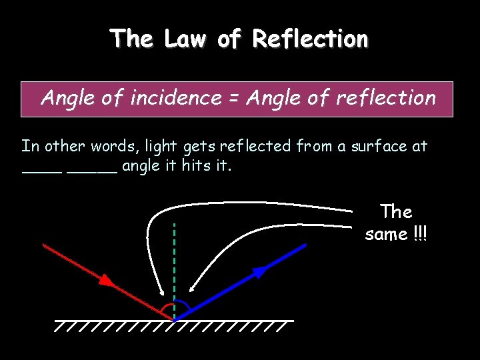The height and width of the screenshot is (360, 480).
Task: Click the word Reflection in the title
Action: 310,39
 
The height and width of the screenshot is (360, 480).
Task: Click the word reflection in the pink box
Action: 385,98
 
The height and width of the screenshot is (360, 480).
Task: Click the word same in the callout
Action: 386,235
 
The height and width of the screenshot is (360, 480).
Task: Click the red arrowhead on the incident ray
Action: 107,281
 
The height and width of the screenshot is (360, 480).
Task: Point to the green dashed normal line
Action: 173,260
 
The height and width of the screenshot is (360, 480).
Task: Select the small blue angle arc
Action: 183,306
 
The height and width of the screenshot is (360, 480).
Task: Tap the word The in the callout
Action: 396,212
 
